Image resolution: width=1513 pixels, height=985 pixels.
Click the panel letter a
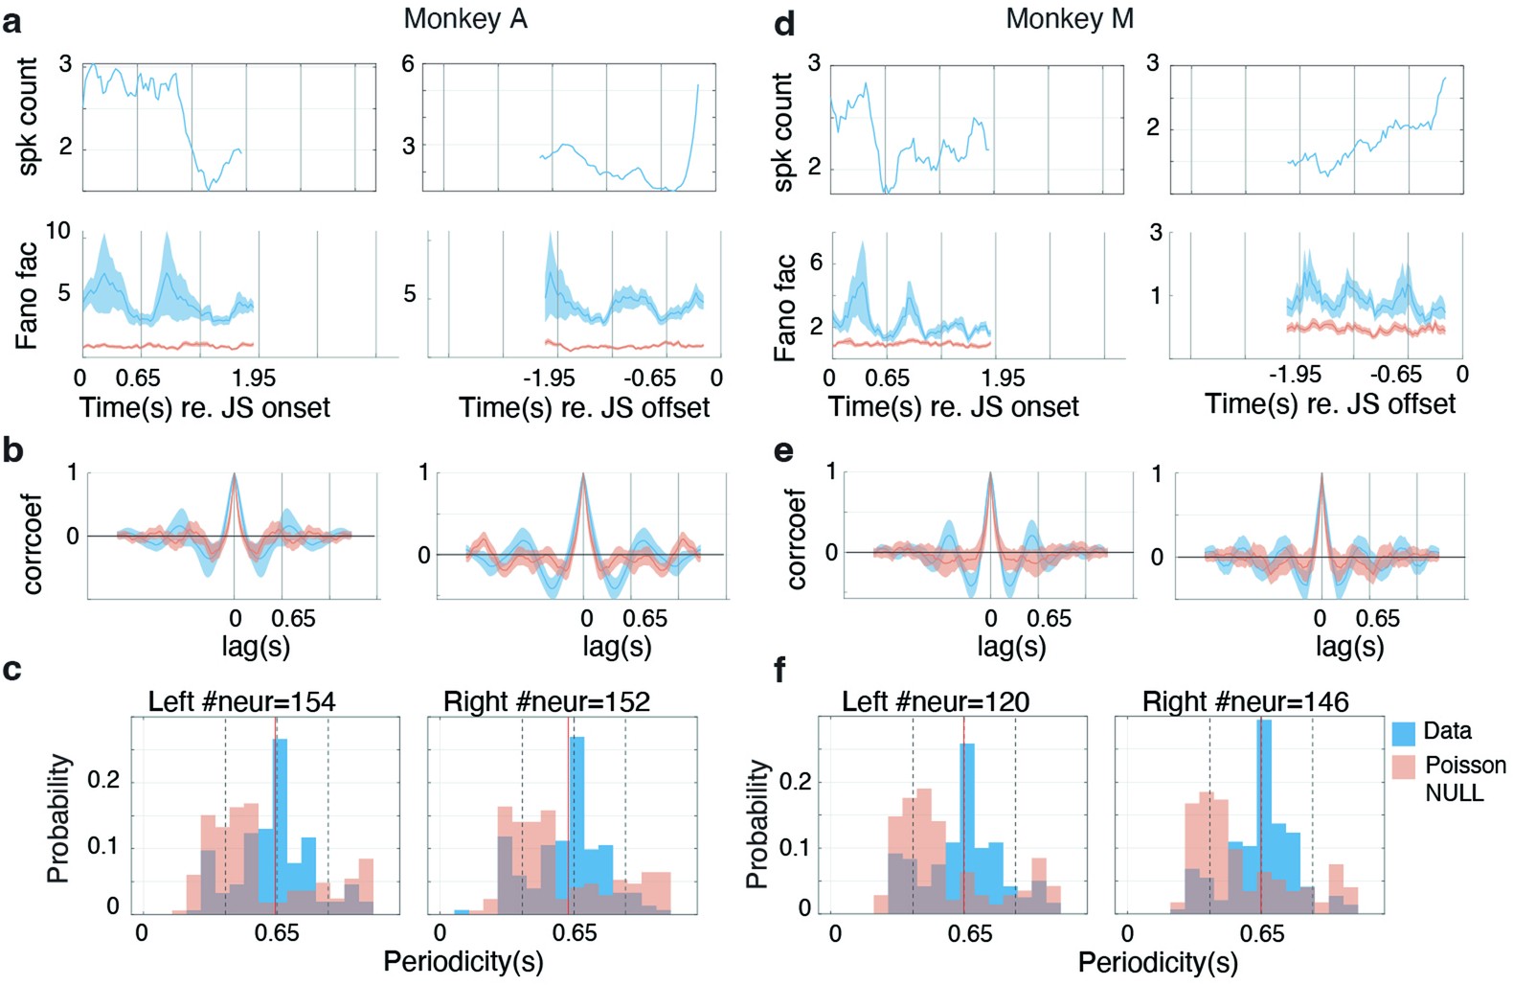pos(11,21)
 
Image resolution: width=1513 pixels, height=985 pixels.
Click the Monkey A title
pos(465,18)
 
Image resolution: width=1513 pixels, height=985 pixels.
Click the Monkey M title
pos(1069,18)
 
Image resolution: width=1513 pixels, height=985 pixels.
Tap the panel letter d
pos(784,22)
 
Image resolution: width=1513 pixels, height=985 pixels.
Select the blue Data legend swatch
pos(1403,733)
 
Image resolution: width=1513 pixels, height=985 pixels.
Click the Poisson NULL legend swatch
pos(1403,767)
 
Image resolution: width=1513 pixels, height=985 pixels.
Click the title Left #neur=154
pos(241,701)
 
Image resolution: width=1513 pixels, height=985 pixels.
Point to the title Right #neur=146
pos(1245,701)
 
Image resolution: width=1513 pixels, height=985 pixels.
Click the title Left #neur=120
pos(935,701)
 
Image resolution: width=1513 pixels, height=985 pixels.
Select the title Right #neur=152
pos(546,701)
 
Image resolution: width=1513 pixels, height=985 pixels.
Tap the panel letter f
pos(779,670)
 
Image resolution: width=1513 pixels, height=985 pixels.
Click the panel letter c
pos(11,669)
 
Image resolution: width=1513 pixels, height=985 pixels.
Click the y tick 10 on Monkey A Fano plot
pos(58,231)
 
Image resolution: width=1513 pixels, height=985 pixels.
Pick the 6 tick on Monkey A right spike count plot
pos(408,64)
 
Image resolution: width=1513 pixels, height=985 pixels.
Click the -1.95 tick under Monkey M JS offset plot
pos(1295,375)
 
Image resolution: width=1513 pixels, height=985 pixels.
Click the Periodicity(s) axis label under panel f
pos(1157,962)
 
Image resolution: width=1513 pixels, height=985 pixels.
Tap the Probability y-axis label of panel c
pos(58,817)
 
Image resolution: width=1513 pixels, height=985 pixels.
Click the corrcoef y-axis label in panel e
pos(796,538)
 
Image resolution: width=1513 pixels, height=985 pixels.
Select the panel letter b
pos(12,449)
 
